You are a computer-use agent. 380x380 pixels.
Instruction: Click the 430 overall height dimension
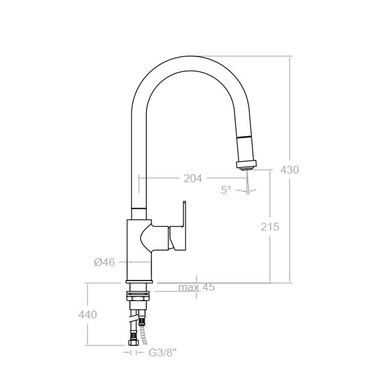[290, 170]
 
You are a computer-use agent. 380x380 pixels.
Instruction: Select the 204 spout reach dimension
[193, 179]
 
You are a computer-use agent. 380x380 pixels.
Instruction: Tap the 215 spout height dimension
[270, 227]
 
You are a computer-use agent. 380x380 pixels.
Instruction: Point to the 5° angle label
[226, 190]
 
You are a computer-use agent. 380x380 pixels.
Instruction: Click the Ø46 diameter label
[104, 262]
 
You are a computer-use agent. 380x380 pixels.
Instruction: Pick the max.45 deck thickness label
[197, 288]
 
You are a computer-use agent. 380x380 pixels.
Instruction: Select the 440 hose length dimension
[88, 314]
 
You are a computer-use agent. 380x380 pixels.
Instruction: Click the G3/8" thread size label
[161, 353]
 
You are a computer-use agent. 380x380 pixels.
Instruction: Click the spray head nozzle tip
[247, 167]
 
